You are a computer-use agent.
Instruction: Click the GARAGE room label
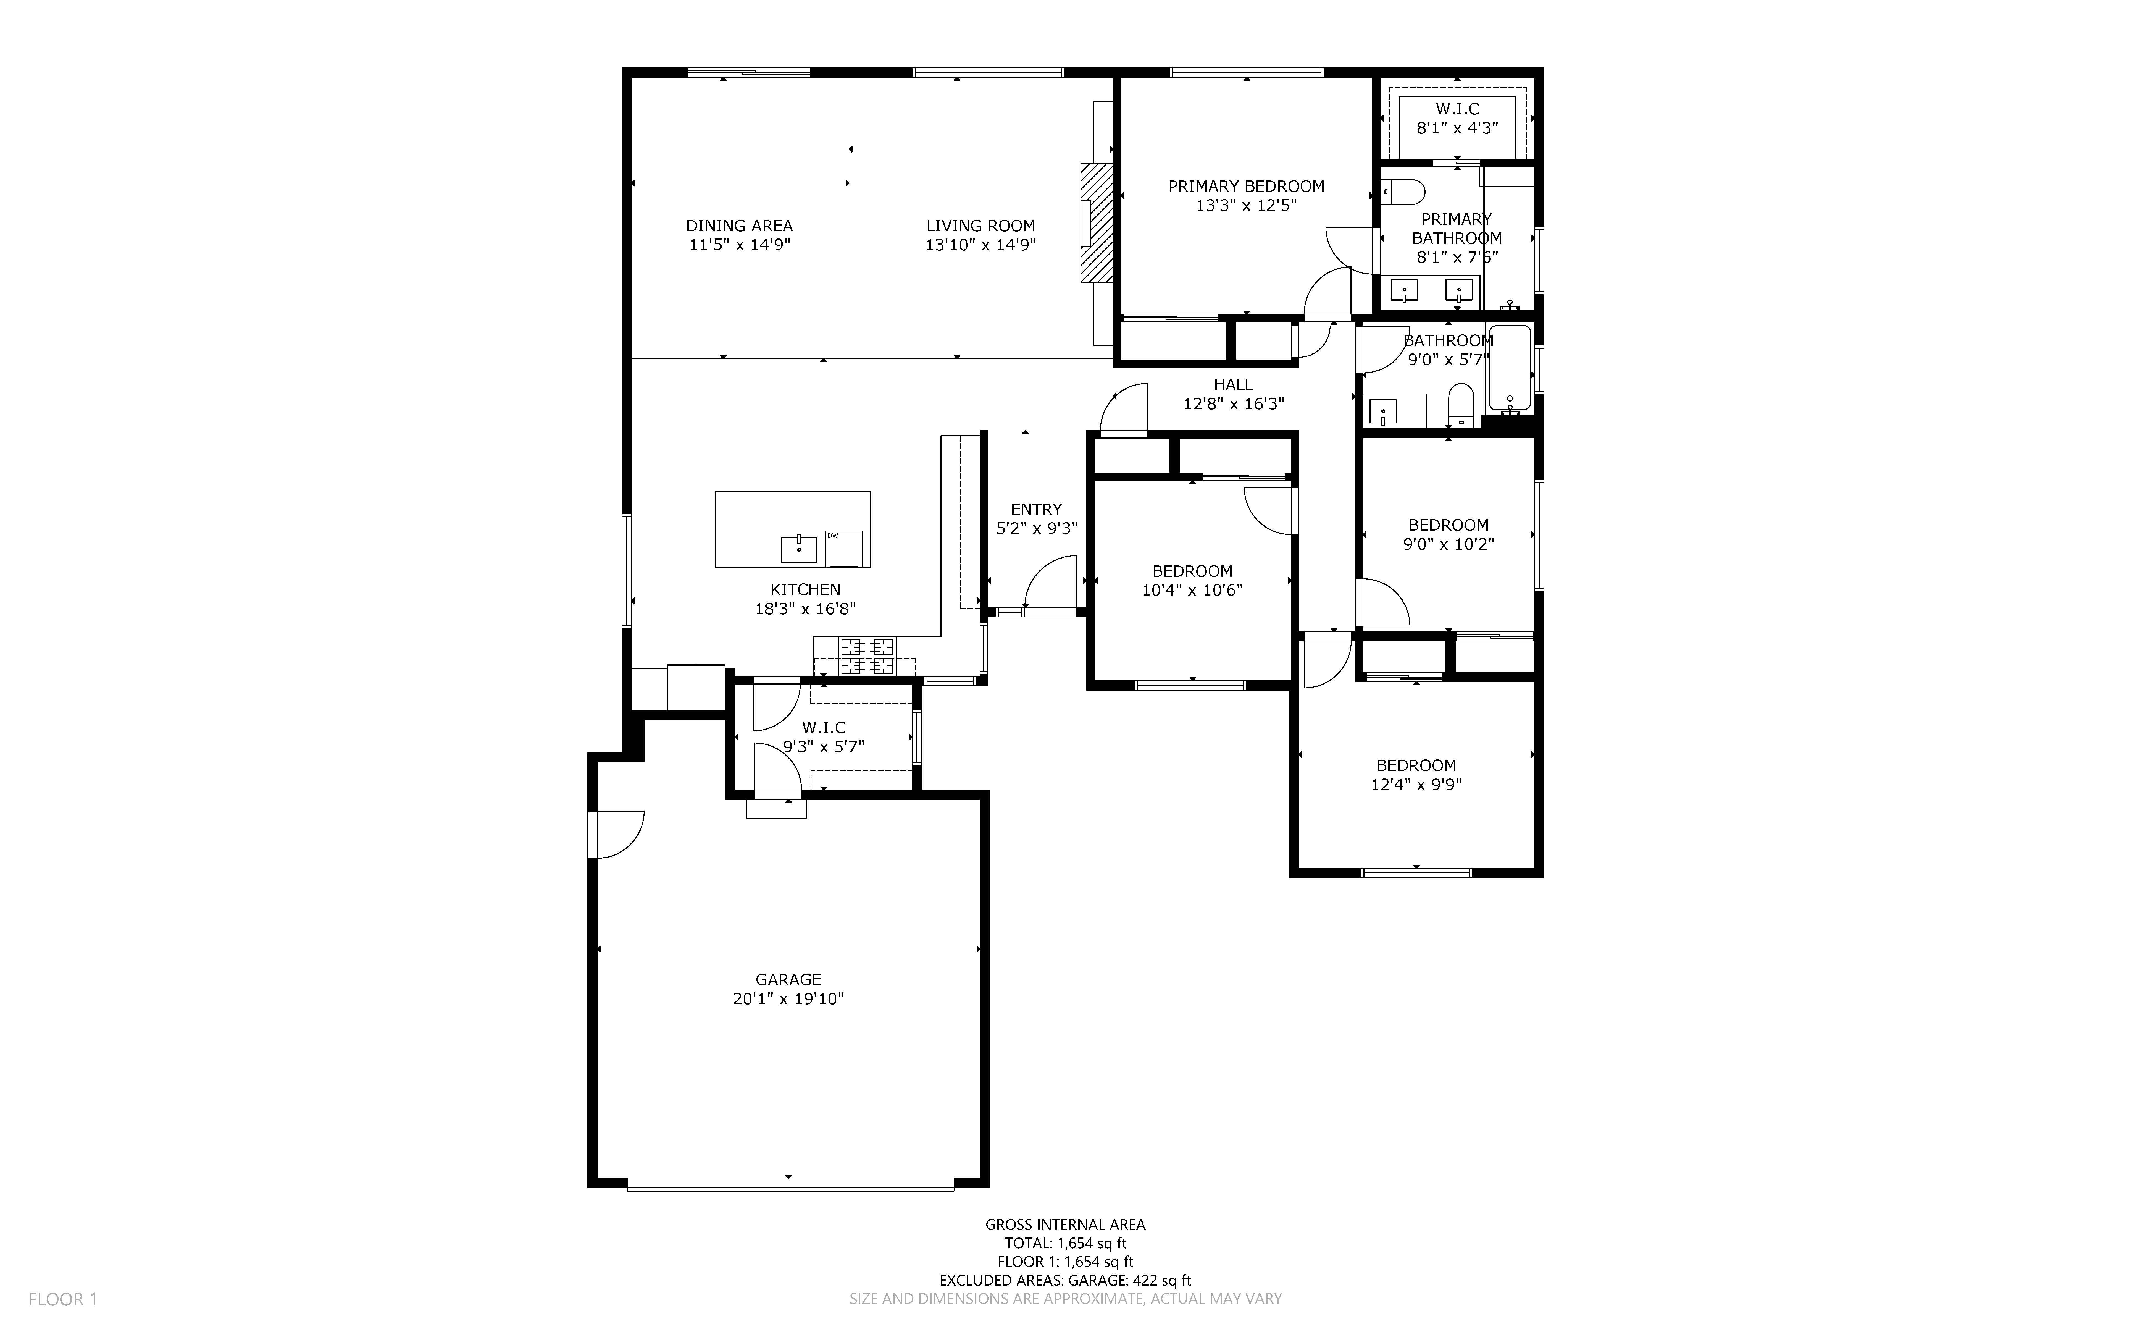tap(788, 980)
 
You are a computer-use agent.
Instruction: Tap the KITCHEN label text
tap(805, 589)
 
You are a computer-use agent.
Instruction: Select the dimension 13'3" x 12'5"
tap(1246, 205)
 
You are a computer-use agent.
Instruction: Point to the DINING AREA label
tap(740, 226)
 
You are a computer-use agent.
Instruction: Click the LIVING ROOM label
tap(980, 226)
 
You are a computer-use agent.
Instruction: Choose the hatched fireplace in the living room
tap(1097, 223)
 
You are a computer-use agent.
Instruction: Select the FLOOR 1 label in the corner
tap(64, 1299)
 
